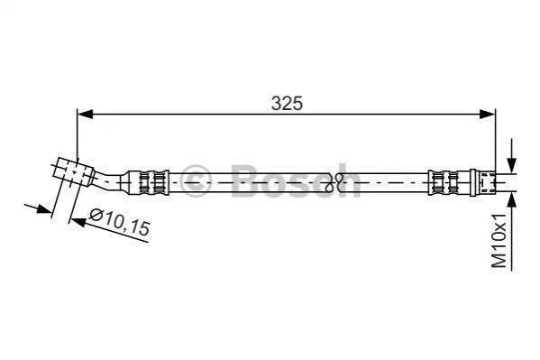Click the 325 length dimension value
(287, 103)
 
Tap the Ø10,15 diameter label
(120, 222)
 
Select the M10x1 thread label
(499, 240)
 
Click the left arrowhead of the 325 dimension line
(85, 114)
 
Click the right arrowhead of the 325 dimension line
(488, 114)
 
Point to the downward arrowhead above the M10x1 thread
(512, 165)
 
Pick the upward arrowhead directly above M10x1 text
(512, 199)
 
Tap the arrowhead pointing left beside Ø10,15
(78, 221)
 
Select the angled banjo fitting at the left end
(74, 172)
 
